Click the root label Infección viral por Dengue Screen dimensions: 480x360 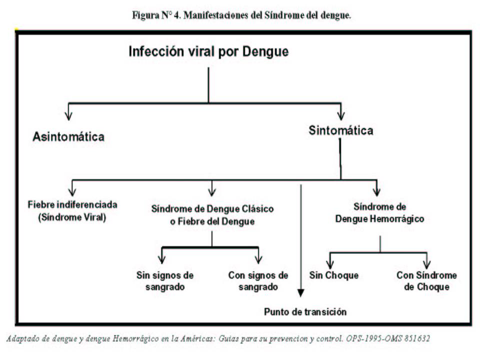point(208,51)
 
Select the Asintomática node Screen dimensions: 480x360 point(68,136)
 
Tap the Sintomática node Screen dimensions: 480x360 point(340,130)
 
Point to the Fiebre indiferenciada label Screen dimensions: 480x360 point(72,204)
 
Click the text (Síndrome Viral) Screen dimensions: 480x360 point(72,217)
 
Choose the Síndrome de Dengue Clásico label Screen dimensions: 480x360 point(212,209)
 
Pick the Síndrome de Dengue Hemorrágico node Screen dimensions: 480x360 point(379,213)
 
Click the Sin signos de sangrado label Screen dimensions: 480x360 point(165,281)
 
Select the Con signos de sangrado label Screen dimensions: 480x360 point(258,281)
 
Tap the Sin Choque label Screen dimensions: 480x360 point(333,275)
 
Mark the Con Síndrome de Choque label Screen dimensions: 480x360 point(426,281)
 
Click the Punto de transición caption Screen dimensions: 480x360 point(305,312)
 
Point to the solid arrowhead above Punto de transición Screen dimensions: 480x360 point(301,293)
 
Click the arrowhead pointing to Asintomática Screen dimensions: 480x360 point(68,115)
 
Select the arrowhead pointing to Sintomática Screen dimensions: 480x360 point(340,115)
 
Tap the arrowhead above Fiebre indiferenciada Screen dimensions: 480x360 point(72,191)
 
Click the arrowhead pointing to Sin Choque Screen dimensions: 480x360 point(330,264)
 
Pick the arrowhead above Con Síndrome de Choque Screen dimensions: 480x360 point(426,264)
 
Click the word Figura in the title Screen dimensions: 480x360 point(145,15)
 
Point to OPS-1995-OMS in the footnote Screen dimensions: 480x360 point(374,338)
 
